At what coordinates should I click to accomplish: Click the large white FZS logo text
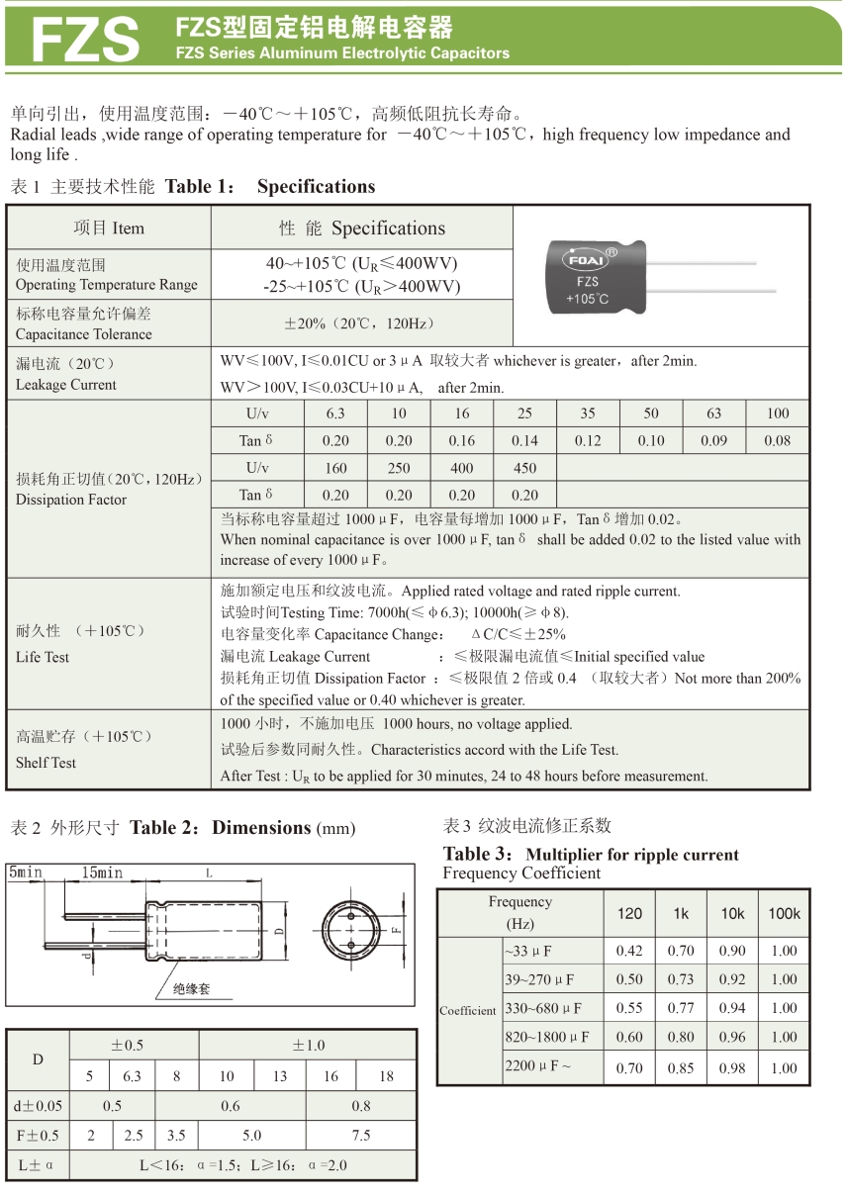85,38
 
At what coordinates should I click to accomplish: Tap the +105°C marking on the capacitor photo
587,299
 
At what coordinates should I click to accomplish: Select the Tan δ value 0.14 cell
524,441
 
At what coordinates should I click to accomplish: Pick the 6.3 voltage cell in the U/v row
335,414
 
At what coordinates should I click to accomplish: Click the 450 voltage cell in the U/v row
524,468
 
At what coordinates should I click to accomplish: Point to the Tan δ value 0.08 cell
778,441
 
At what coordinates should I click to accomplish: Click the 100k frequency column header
784,914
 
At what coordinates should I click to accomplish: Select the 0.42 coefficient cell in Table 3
629,951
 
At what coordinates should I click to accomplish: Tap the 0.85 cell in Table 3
681,1068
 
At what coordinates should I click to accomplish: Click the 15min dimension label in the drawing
103,873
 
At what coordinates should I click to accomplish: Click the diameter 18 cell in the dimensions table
386,1076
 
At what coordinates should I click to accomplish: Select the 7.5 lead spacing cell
361,1136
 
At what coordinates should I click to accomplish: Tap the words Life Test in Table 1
43,657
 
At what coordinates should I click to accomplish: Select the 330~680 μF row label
543,1009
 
